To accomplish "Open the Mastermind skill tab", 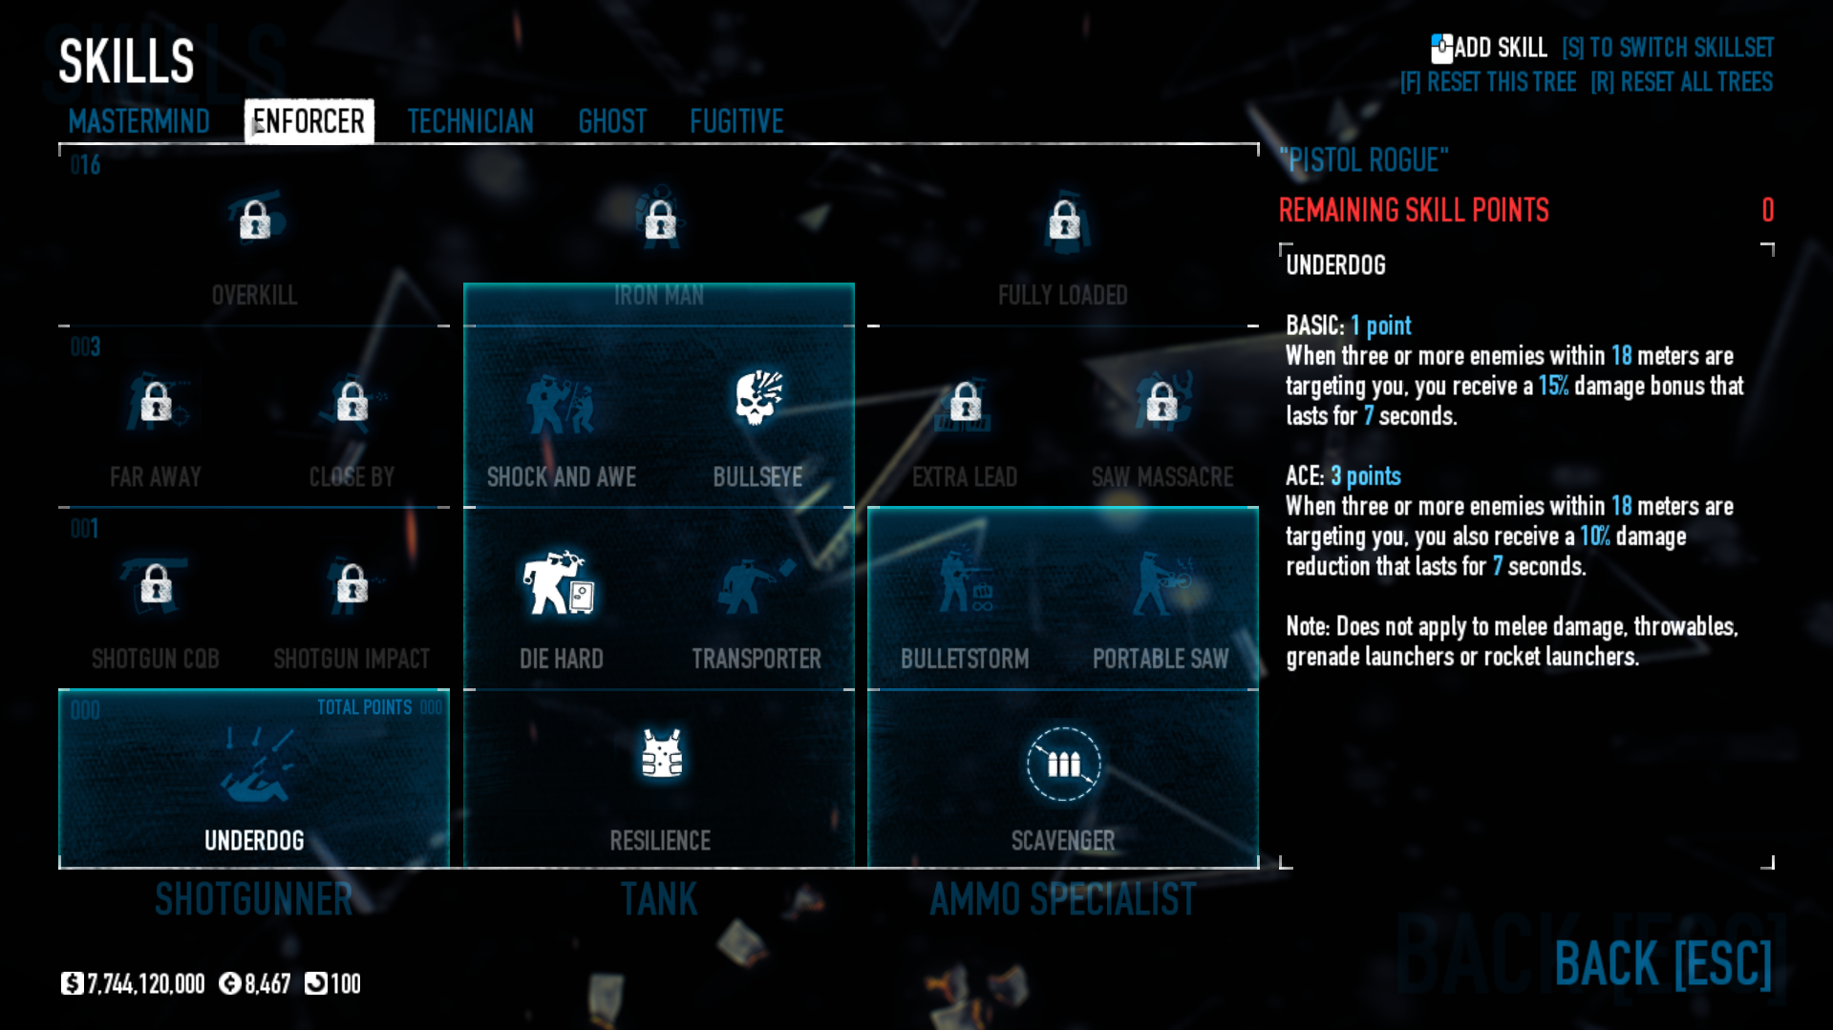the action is click(139, 121).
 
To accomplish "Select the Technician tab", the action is click(470, 121).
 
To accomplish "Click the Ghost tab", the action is click(612, 121).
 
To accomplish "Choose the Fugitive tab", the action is click(736, 121).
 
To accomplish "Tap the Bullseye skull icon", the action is click(758, 397).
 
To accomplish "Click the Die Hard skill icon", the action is click(560, 581).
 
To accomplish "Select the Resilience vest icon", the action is click(661, 754).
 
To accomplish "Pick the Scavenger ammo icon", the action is click(1063, 764).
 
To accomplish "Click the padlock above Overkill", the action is click(255, 221).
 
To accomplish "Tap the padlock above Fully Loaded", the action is click(1064, 221).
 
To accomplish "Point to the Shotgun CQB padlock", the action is click(156, 583).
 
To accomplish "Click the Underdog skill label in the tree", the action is click(254, 841).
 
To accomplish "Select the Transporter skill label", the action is click(757, 659).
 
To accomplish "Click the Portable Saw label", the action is click(1161, 659).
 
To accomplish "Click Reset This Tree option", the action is click(1488, 83).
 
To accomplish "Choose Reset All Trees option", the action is click(1682, 83).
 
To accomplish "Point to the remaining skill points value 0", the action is click(1767, 210).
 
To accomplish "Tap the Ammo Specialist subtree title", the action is click(1062, 900).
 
